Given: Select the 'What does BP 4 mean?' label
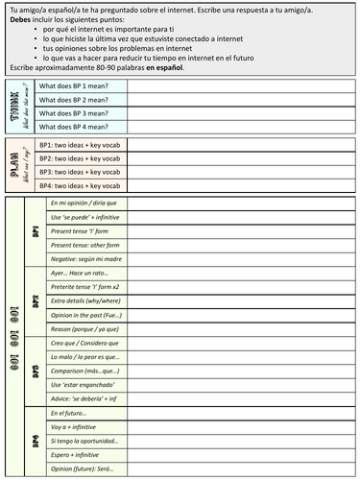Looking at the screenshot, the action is (78, 126).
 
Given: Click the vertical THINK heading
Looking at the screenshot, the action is (17, 106).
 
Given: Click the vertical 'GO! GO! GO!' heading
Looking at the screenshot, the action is (13, 337).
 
